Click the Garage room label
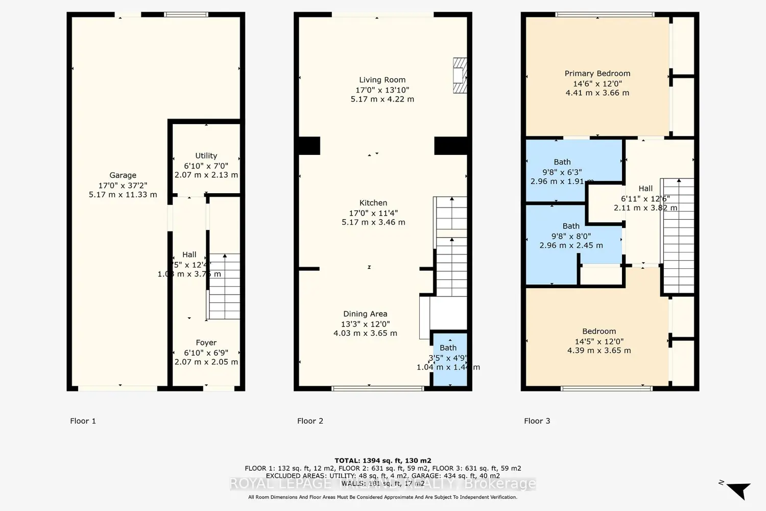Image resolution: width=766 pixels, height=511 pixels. (x=123, y=175)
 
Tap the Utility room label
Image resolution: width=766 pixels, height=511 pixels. (x=206, y=156)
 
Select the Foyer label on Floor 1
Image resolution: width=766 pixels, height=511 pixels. (x=206, y=343)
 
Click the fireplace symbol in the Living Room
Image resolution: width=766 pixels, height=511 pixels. (x=460, y=76)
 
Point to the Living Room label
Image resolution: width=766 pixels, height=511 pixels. (x=382, y=80)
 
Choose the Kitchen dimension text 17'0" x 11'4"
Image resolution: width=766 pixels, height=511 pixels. (x=373, y=213)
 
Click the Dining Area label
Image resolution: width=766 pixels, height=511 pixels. (x=365, y=314)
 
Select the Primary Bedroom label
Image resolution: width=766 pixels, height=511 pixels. (x=597, y=74)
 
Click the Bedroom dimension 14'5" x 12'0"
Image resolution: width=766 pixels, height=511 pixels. (x=599, y=341)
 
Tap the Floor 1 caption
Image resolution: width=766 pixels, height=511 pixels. (x=83, y=421)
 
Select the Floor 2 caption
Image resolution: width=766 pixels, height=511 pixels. (x=310, y=421)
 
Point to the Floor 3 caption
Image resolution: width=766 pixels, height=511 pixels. (x=537, y=421)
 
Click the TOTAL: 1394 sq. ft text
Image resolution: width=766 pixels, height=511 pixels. (x=382, y=460)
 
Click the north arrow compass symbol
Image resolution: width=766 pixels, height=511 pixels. (x=737, y=490)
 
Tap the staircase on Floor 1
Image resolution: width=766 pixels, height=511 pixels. (x=224, y=286)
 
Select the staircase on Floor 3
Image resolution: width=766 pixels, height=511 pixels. (x=678, y=235)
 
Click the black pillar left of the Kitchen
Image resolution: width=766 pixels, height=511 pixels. (x=309, y=146)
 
